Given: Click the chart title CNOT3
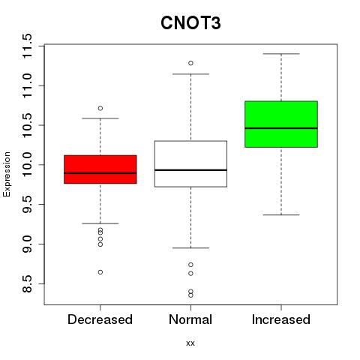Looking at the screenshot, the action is coord(190,23).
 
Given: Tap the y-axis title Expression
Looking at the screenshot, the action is coord(7,174).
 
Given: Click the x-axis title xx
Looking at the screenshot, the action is coord(190,343).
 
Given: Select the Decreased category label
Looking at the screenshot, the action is coord(100,319).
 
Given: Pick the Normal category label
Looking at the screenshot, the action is coord(190,319).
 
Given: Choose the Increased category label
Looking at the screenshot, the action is coord(281,319).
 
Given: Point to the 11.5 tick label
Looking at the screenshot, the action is coord(27,46).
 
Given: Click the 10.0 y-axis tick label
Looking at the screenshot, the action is coord(27,165).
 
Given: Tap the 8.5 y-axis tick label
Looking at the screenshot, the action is coord(27,283).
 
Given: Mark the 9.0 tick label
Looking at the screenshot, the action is coord(27,244).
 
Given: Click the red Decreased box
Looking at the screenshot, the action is coord(100,169).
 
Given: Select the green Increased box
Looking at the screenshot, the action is coord(281,124).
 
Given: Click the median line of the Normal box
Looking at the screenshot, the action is coord(190,170).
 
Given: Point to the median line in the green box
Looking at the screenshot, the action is coord(281,128).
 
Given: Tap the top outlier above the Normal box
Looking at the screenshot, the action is coord(190,63).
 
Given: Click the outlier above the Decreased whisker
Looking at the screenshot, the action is coord(100,108).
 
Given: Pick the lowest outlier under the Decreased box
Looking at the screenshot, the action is coord(100,272).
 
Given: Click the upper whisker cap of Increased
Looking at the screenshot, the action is coord(281,54).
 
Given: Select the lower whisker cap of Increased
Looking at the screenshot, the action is coord(281,214).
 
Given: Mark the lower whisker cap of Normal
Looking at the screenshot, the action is coord(190,247).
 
